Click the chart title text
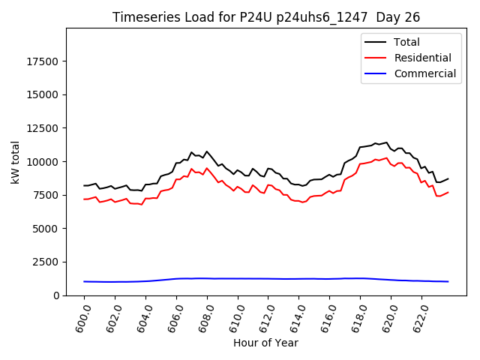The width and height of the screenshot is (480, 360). pyautogui.click(x=266, y=17)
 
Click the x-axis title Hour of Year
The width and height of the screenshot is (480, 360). pyautogui.click(x=265, y=343)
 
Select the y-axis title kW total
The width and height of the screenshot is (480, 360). pyautogui.click(x=15, y=162)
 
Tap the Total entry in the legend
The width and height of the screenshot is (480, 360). pyautogui.click(x=406, y=42)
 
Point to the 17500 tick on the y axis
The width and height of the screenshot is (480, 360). pyautogui.click(x=44, y=61)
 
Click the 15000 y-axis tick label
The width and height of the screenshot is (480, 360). pyautogui.click(x=44, y=94)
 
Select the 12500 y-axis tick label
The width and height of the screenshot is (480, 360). pyautogui.click(x=44, y=128)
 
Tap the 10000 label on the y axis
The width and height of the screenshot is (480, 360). pyautogui.click(x=44, y=162)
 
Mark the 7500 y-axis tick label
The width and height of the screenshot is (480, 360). pyautogui.click(x=47, y=195)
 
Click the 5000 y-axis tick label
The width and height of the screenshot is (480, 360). pyautogui.click(x=47, y=229)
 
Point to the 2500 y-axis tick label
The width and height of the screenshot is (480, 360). pyautogui.click(x=47, y=262)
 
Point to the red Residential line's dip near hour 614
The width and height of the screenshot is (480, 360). pyautogui.click(x=303, y=202)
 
